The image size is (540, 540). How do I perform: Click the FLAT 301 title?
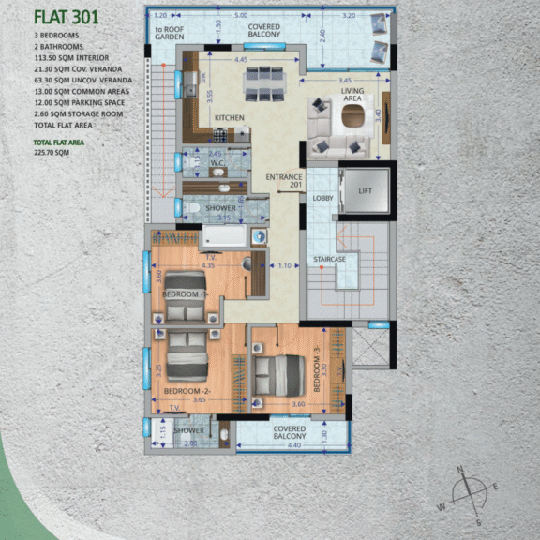pos(68,16)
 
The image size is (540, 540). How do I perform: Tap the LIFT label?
pos(366,191)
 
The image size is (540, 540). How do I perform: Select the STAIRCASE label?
pos(329,259)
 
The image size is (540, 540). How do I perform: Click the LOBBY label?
pos(322,198)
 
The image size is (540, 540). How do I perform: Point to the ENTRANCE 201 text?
pos(282,181)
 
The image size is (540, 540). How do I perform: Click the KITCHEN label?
pos(229,118)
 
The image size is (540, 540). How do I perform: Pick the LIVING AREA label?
pos(352,94)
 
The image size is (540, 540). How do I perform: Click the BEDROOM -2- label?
pos(187,390)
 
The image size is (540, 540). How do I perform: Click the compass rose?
pos(466,491)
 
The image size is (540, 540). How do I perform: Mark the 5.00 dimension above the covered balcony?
pos(241,16)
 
